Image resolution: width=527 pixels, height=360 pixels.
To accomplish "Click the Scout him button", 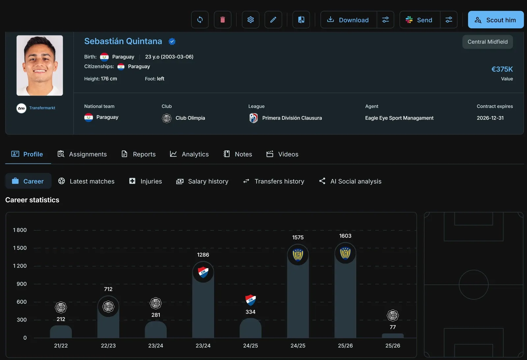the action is [x=496, y=20].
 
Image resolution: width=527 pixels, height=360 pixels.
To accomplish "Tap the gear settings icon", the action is [x=251, y=20].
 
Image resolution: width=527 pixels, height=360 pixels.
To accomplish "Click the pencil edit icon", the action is [x=273, y=20].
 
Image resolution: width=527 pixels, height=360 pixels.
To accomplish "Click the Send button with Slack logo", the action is [x=420, y=20].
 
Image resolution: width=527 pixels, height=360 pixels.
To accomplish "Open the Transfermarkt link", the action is [x=42, y=108].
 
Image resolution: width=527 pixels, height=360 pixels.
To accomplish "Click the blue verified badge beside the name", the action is [x=172, y=42].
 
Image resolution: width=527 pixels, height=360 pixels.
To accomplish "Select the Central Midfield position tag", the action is [x=487, y=42].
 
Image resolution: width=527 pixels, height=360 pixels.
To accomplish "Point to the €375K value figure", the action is [x=502, y=69].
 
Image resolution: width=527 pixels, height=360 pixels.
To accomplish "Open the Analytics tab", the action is [x=189, y=154].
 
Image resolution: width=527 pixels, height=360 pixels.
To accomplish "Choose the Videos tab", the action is [x=282, y=154].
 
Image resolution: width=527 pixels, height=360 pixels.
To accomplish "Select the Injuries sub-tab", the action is [x=146, y=181].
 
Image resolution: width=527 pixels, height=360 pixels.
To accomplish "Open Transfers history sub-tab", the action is [x=274, y=181].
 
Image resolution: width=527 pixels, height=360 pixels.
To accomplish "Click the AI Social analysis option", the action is [x=350, y=181].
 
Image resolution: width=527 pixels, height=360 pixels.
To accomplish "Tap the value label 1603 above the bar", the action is [x=345, y=236].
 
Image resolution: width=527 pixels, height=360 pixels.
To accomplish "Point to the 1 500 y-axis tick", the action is [x=20, y=248].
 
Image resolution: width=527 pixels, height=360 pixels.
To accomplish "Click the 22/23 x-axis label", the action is [x=108, y=345].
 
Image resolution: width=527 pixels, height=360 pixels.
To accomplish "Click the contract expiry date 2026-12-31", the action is [x=490, y=118].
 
